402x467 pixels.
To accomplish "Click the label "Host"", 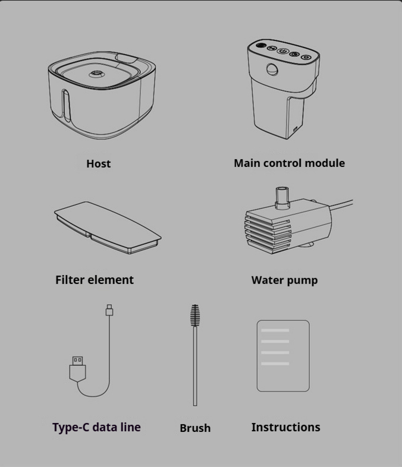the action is [x=98, y=163].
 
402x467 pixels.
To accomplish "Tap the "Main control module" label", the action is [x=289, y=163].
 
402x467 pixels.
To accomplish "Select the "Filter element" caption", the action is [x=95, y=280].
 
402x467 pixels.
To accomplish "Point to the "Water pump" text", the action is [x=284, y=280].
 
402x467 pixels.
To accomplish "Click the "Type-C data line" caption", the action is [x=96, y=427].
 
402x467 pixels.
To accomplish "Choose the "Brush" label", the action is [x=195, y=428].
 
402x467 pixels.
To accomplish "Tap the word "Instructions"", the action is [x=285, y=427].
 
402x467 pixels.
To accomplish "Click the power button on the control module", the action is [x=283, y=51].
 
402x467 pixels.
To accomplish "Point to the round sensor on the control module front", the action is [x=272, y=70].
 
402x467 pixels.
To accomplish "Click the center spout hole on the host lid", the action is [x=96, y=73].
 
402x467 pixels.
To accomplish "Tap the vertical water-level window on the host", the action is [x=65, y=106].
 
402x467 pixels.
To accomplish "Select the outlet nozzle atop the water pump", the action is [x=282, y=198].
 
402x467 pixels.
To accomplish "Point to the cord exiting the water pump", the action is [x=342, y=204].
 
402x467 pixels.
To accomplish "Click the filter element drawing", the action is [x=107, y=227].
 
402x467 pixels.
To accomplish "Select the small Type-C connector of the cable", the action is [x=109, y=310].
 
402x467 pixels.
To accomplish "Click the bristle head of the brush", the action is [x=195, y=315].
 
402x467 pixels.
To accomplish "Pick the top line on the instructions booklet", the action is [x=275, y=330].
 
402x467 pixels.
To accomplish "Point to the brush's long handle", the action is [x=195, y=367].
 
